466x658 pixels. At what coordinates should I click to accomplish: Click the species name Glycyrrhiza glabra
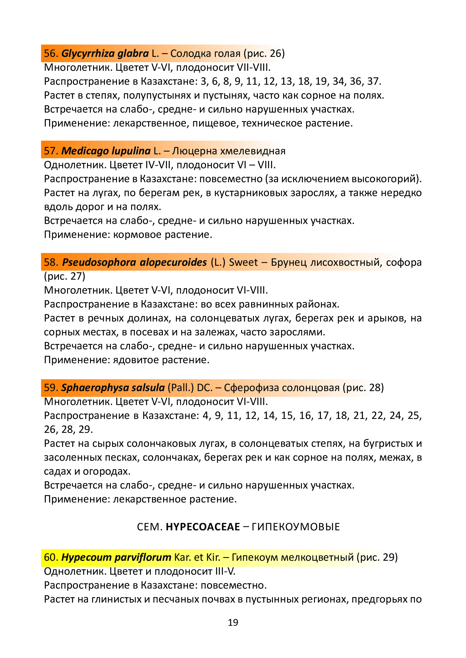coord(105,54)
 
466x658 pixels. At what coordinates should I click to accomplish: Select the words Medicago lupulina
coord(106,151)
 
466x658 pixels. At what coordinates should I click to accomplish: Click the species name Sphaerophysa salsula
coord(113,388)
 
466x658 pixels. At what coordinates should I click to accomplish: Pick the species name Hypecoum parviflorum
coord(116,557)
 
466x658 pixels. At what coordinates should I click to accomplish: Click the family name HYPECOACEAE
coord(203,527)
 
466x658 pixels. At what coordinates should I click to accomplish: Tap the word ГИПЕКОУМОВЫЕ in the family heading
coord(296,527)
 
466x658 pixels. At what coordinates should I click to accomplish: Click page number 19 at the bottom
coord(233,622)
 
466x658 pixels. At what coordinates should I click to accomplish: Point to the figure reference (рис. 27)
coord(65,276)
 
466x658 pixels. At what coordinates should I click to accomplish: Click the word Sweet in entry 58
coord(243,262)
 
